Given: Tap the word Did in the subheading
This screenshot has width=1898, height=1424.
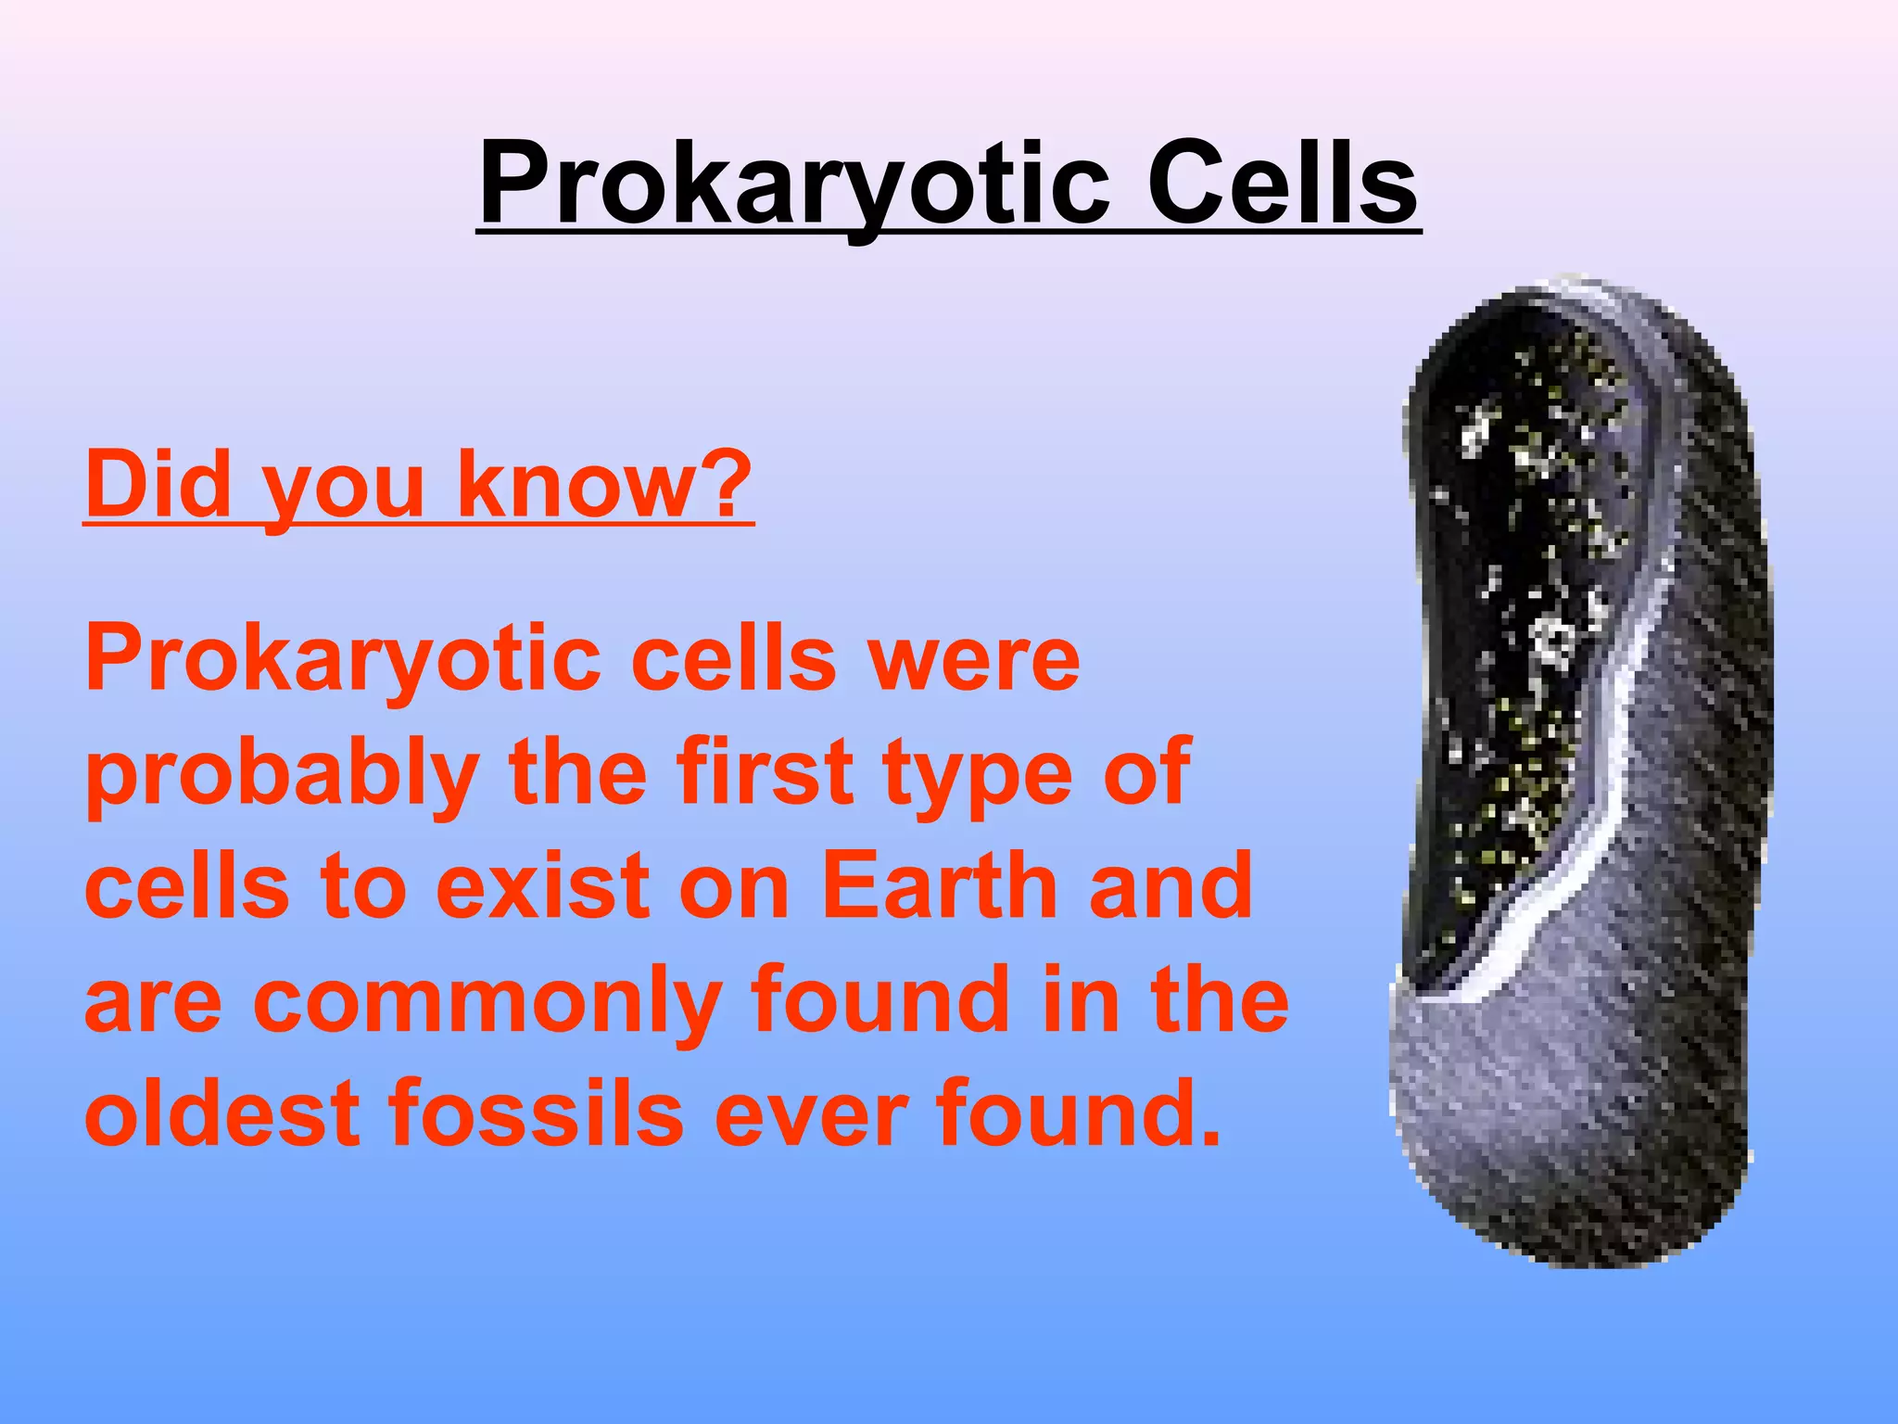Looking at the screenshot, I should click(158, 484).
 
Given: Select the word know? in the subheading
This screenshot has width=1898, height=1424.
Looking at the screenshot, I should click(604, 484).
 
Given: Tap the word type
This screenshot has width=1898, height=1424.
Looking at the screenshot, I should click(977, 774).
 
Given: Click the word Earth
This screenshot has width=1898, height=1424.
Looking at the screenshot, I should click(939, 885).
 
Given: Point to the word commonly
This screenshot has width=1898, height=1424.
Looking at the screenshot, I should click(486, 1001).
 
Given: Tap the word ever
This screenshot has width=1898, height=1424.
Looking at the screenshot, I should click(807, 1114).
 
